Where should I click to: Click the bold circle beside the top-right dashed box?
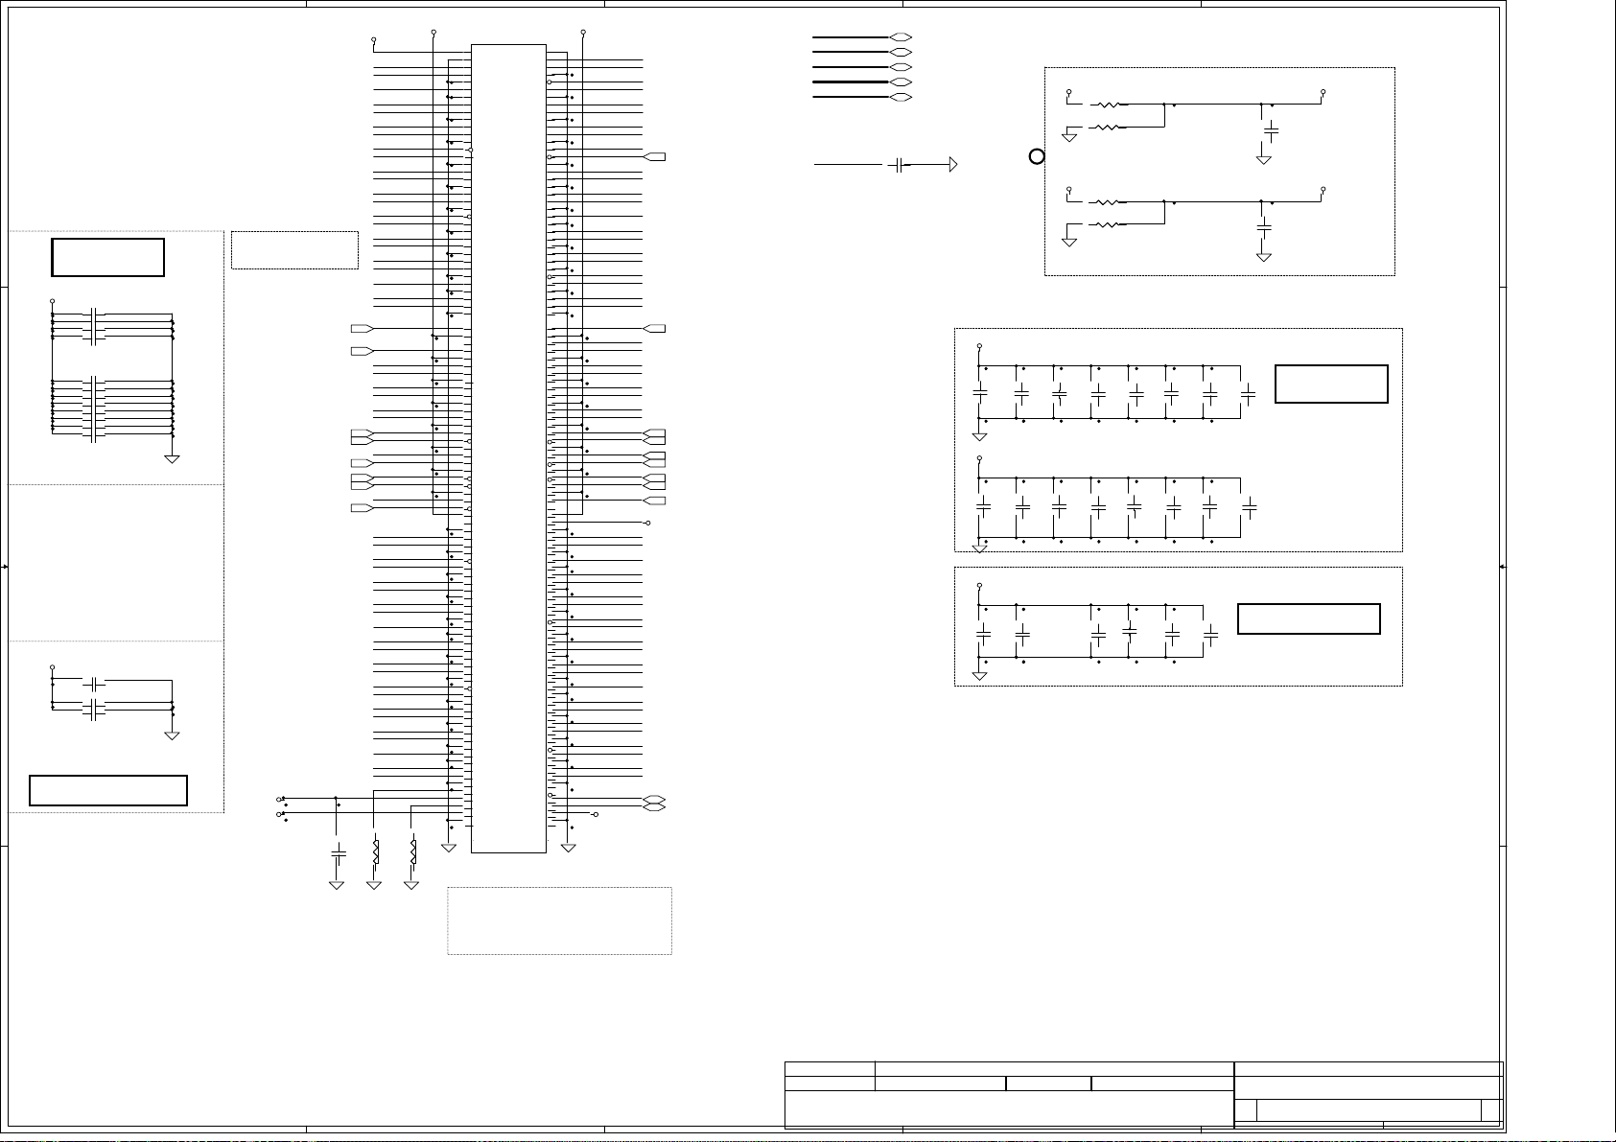tap(1036, 156)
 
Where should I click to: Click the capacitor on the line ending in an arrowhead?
tap(898, 165)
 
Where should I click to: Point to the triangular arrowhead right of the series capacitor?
tap(952, 165)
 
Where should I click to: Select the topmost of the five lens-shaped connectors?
tap(901, 37)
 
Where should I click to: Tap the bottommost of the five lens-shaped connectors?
tap(901, 98)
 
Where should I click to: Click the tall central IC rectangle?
tap(508, 447)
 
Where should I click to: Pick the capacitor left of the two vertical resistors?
tap(337, 851)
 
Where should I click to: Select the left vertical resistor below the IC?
tap(375, 851)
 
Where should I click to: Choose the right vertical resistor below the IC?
tap(412, 851)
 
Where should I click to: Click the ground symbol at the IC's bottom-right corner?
tap(569, 847)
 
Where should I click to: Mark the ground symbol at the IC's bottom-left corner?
tap(448, 847)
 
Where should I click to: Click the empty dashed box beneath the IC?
tap(559, 921)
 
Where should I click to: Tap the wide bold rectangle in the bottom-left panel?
tap(108, 790)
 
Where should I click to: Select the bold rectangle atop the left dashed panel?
tap(107, 257)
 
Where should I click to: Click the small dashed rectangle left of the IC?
tap(294, 250)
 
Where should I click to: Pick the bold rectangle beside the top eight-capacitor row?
tap(1331, 384)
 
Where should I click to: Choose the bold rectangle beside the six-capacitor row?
tap(1308, 618)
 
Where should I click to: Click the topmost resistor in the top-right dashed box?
tap(1108, 105)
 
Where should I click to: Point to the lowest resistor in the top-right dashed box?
tap(1108, 225)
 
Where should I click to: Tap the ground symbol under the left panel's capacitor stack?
tap(173, 458)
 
